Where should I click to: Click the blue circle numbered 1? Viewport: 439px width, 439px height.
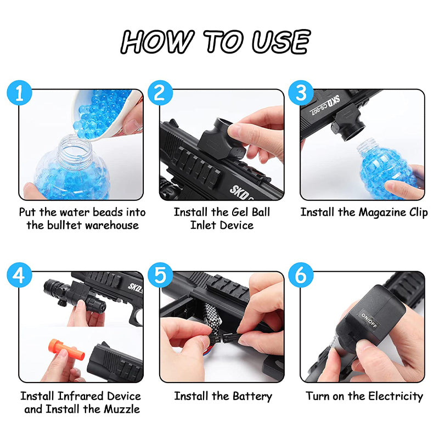tap(19, 93)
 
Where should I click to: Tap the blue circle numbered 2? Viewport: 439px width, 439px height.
tap(160, 93)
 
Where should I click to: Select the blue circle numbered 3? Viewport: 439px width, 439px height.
tap(301, 93)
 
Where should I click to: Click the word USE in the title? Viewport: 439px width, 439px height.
tap(281, 42)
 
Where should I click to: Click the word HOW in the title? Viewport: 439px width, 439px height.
tap(157, 42)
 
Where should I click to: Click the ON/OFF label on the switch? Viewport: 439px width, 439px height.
tap(369, 320)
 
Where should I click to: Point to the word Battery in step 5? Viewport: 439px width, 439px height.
tap(252, 397)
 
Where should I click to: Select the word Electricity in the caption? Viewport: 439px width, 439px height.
tap(396, 397)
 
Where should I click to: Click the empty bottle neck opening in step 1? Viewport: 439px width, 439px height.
tap(75, 146)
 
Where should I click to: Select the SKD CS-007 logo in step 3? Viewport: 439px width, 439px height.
tap(325, 105)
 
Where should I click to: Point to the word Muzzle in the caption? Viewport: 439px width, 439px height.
tap(122, 409)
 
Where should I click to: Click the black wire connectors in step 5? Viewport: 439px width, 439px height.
tap(223, 338)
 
